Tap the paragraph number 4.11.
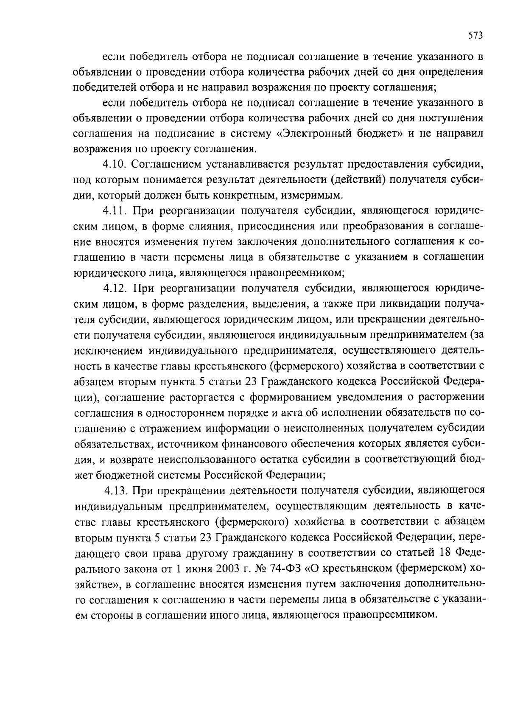coord(116,211)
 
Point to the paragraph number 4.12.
coord(116,289)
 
